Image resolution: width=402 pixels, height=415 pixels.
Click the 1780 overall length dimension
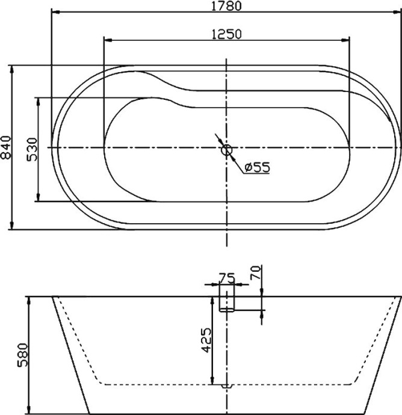click(226, 6)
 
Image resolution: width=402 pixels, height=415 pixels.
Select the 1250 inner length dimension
click(226, 34)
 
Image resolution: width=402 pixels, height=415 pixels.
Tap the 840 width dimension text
click(6, 147)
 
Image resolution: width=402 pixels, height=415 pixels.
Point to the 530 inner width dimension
click(32, 149)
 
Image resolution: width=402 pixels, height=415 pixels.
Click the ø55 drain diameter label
click(257, 168)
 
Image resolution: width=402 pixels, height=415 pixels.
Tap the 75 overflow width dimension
click(226, 278)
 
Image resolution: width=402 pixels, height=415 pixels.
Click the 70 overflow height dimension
click(255, 275)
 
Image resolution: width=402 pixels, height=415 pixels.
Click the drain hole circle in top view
click(226, 150)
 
